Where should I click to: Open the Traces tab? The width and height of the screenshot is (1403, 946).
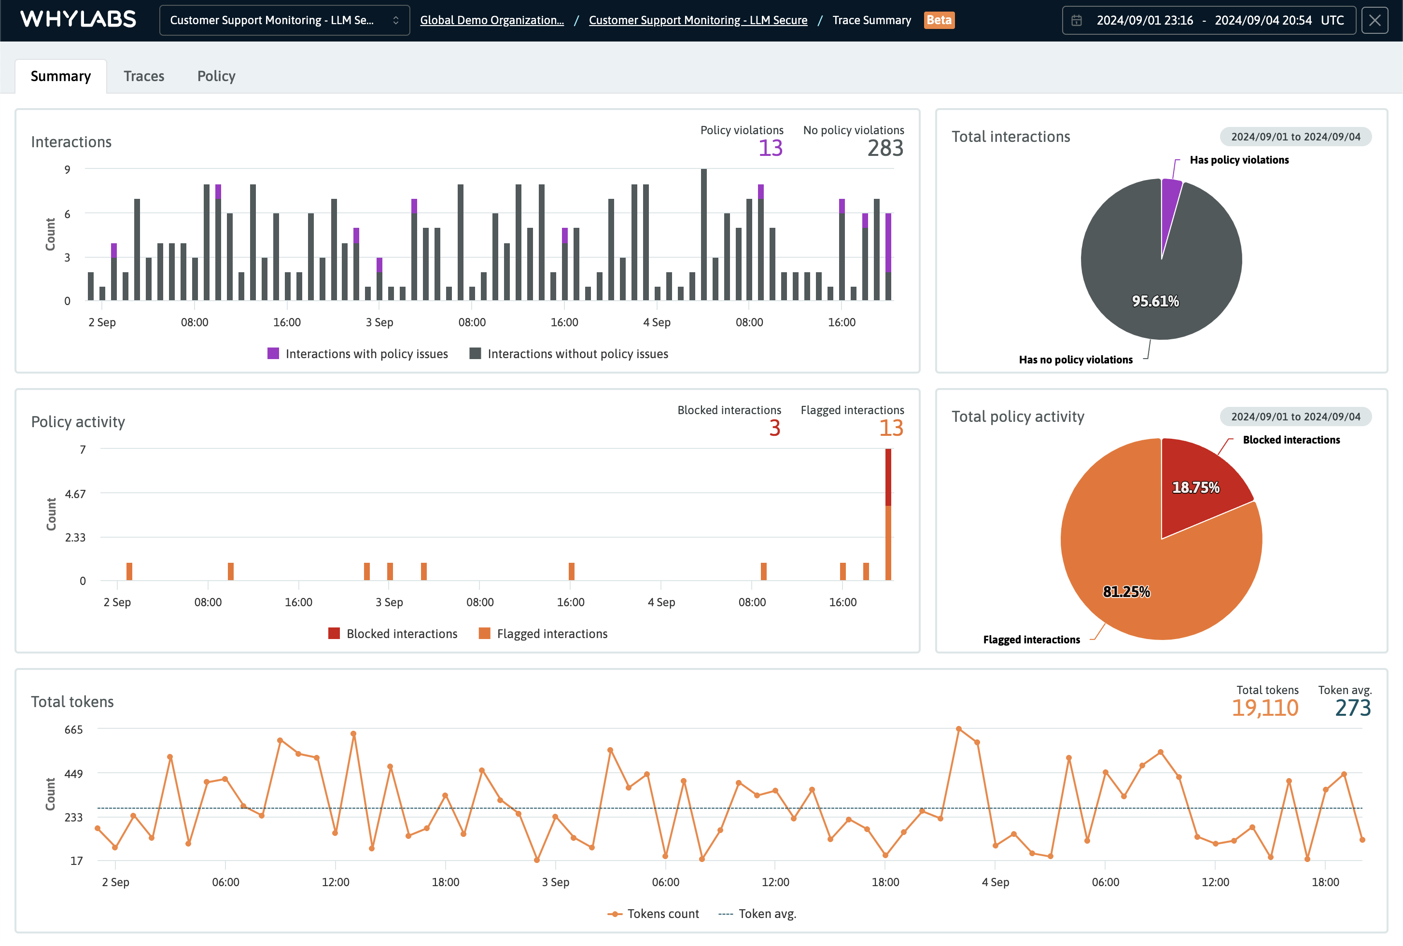coord(143,76)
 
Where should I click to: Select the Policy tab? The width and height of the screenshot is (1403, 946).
coord(216,76)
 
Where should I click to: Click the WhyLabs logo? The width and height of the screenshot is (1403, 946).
coord(78,19)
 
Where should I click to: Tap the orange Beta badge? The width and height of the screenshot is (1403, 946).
coord(939,20)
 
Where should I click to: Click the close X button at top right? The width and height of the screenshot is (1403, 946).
coord(1375,20)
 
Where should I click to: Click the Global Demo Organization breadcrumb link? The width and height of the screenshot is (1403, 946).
coord(492,20)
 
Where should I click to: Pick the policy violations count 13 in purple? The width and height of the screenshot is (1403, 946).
coord(770,148)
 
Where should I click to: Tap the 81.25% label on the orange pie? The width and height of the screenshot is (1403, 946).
coord(1126,592)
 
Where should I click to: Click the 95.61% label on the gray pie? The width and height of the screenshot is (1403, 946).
coord(1155,301)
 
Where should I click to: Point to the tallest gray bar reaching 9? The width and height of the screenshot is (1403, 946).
coord(703,236)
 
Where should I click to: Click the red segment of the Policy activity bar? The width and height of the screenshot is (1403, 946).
coord(888,477)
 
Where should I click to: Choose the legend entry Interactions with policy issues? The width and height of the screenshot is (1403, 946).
coord(358,354)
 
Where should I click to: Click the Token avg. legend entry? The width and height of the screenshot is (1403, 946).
coord(758,914)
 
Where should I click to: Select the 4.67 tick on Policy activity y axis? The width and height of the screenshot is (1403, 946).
coord(75,493)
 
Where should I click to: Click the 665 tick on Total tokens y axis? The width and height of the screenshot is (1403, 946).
coord(73,729)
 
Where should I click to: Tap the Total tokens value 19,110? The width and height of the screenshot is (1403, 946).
coord(1264,708)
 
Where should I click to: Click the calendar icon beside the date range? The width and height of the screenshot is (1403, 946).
coord(1077,20)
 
